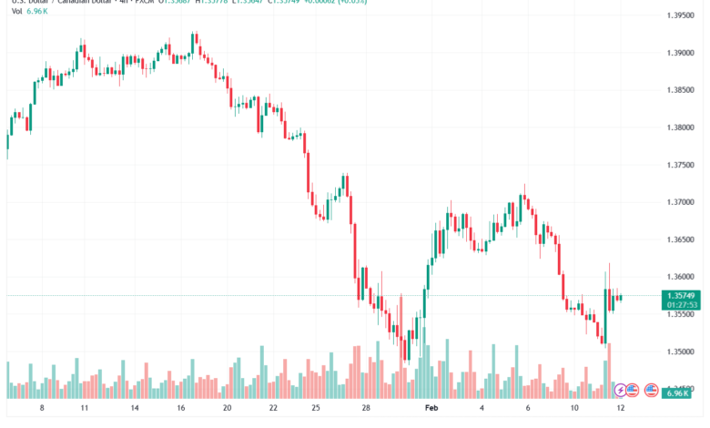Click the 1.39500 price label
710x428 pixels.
682,15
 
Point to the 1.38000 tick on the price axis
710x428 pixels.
682,127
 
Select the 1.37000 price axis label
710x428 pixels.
682,202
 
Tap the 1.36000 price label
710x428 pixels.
682,277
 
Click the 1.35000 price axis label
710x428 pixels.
682,352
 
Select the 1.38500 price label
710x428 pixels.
682,90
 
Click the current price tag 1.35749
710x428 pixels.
682,296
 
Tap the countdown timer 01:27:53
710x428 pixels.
682,305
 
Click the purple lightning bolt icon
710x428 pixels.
621,390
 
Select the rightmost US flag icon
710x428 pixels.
651,390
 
